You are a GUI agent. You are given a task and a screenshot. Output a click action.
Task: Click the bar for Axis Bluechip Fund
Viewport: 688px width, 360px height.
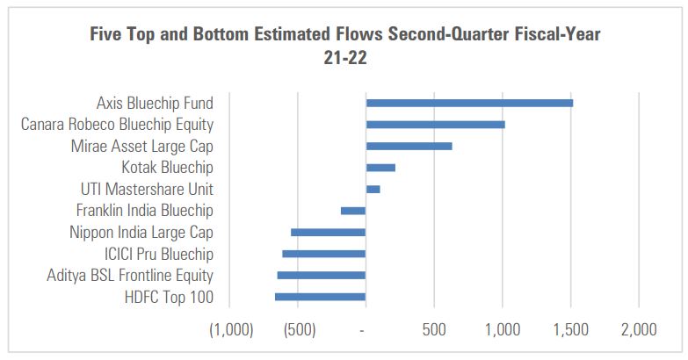coord(469,104)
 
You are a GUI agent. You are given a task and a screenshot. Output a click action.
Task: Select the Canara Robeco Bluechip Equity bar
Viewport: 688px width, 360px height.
coord(435,125)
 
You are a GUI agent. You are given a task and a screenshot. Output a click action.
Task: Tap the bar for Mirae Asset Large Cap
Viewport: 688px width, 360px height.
coord(409,146)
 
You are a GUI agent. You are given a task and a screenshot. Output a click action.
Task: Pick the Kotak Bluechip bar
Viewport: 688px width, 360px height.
coord(380,168)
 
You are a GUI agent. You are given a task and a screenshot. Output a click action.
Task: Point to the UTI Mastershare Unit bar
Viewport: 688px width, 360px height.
coord(373,189)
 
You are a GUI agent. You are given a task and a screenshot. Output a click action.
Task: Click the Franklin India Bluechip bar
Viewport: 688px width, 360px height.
coord(353,211)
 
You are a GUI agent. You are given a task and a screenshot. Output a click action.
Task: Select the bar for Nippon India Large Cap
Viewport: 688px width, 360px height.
coord(328,233)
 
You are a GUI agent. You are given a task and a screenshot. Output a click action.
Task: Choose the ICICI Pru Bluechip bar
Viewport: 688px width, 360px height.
coord(323,254)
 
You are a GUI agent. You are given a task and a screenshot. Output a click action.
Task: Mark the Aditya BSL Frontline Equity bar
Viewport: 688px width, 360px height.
coord(322,276)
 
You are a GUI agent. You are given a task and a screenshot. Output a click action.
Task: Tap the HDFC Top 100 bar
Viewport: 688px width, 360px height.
coord(320,297)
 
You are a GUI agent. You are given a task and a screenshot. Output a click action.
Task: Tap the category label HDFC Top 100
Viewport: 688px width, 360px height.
coord(170,298)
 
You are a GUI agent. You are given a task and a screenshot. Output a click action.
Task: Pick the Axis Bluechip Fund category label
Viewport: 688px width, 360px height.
coord(155,104)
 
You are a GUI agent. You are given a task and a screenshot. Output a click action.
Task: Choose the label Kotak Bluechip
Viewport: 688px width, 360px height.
coord(167,168)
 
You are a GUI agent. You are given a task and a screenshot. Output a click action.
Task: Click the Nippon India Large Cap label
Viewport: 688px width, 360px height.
coord(141,233)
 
